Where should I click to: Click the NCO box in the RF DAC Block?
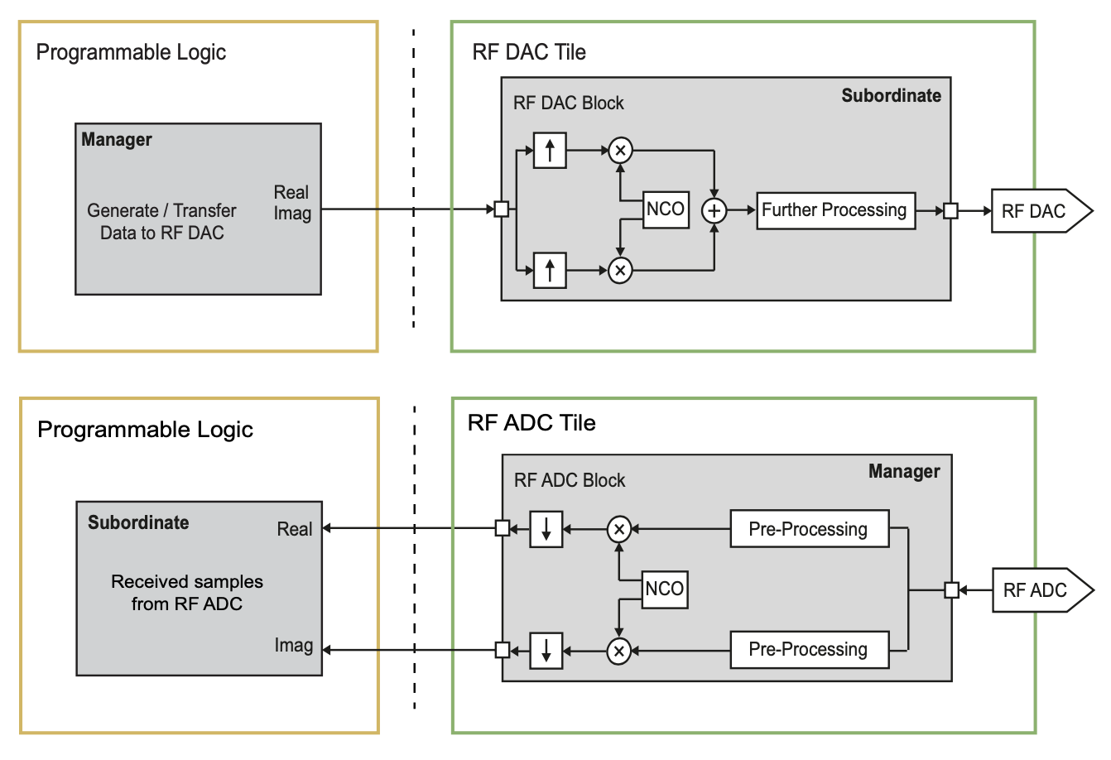click(x=666, y=209)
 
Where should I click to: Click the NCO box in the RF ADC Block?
click(x=665, y=589)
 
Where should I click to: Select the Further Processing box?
click(x=835, y=210)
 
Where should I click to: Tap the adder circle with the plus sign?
click(x=714, y=211)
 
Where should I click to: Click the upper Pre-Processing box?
click(x=809, y=530)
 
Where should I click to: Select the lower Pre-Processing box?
click(x=809, y=650)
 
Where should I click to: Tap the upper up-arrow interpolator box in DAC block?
click(x=550, y=151)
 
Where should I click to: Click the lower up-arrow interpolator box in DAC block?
click(x=550, y=271)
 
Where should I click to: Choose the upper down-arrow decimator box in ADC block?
click(x=546, y=530)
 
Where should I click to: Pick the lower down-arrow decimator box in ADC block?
click(x=546, y=651)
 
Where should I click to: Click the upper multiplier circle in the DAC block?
click(x=620, y=151)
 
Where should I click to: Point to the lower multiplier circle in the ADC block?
click(x=619, y=652)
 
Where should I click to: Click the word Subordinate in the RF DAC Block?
click(x=891, y=96)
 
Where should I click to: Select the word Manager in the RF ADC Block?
click(x=904, y=472)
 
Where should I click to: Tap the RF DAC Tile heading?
click(x=529, y=52)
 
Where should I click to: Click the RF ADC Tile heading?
click(x=531, y=423)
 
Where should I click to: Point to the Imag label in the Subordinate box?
click(x=294, y=646)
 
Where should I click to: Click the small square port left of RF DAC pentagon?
click(x=951, y=211)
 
